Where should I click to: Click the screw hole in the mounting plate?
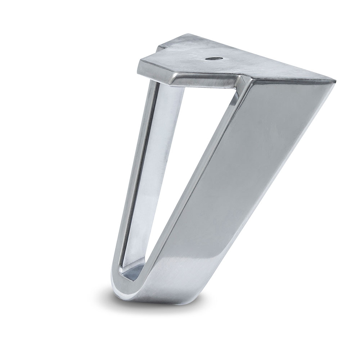pyautogui.click(x=210, y=58)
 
